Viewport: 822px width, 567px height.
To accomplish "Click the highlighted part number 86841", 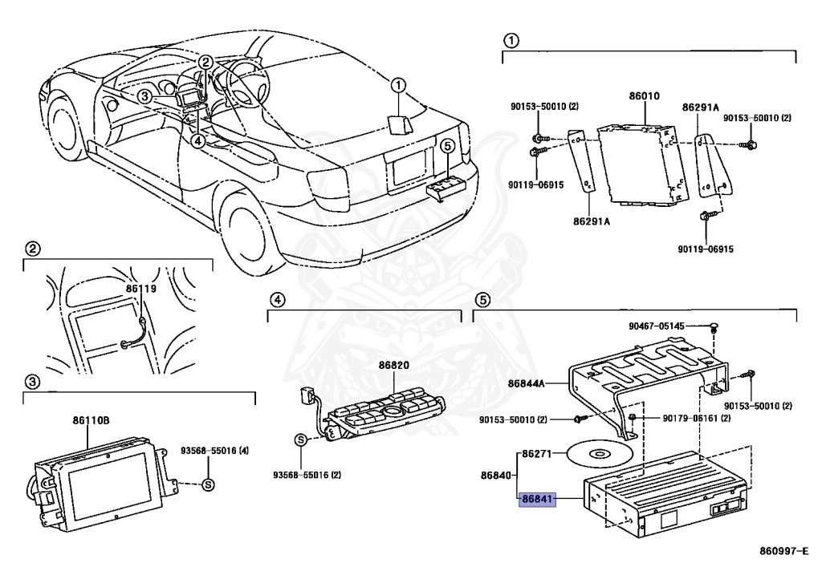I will point(538,498).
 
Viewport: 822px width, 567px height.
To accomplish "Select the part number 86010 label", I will point(644,95).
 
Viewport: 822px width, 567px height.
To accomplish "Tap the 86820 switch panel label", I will point(394,365).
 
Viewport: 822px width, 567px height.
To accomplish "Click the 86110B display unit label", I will point(91,419).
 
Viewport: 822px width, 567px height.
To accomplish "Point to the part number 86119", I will point(140,286).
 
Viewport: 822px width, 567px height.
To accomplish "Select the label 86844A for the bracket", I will point(526,384).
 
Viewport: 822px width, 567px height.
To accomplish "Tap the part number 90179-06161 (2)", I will point(697,419).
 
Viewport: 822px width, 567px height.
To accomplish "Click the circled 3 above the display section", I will point(31,380).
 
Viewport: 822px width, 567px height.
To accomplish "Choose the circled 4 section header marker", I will point(275,300).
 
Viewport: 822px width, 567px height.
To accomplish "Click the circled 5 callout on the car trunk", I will point(448,145).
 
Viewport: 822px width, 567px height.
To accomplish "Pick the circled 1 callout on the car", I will point(399,83).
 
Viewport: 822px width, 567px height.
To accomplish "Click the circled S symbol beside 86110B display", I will point(207,484).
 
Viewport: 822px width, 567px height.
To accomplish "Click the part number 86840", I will point(496,476).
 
